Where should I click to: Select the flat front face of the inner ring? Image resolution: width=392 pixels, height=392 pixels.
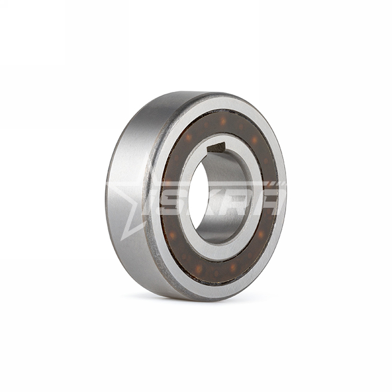click(217, 198)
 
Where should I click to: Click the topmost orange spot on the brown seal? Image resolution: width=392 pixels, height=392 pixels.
click(222, 122)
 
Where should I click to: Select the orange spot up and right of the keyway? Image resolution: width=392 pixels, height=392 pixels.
click(254, 139)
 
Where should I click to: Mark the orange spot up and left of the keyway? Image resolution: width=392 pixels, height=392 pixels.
click(189, 137)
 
